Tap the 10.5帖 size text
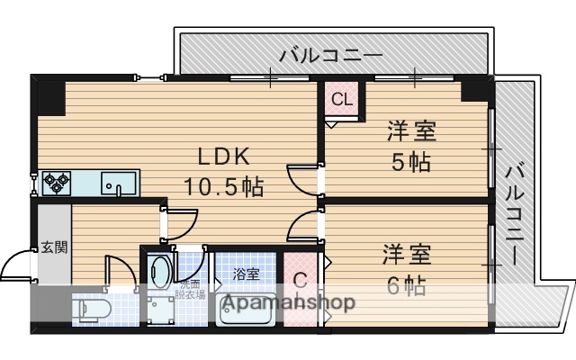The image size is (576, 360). tap(223, 187)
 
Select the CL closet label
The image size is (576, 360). tap(342, 99)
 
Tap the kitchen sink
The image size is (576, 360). tap(118, 183)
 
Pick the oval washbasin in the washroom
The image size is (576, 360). tap(161, 270)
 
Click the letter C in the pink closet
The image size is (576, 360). tap(300, 280)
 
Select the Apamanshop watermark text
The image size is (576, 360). tap(287, 302)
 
